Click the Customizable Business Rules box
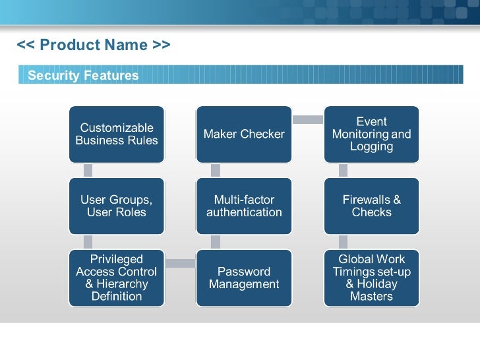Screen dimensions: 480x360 117,134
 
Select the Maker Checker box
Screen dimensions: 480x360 244,134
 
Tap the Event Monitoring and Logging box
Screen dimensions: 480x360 371,134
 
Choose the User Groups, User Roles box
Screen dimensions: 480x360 117,206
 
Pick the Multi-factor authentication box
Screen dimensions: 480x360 244,206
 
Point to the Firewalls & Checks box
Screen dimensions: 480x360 371,206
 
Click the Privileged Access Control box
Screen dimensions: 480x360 117,278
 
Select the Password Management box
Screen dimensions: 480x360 244,278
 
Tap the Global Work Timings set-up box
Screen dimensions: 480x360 371,278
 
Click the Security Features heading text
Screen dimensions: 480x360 83,76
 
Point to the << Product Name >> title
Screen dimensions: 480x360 94,45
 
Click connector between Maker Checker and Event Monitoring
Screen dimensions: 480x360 307,119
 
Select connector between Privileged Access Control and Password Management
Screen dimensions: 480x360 180,264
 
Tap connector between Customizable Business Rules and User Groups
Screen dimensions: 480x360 88,170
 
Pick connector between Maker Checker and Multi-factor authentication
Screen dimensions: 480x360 215,170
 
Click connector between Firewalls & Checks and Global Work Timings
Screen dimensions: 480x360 343,242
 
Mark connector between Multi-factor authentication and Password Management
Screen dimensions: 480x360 215,242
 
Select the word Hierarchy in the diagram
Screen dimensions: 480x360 124,284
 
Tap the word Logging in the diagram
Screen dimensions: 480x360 371,146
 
